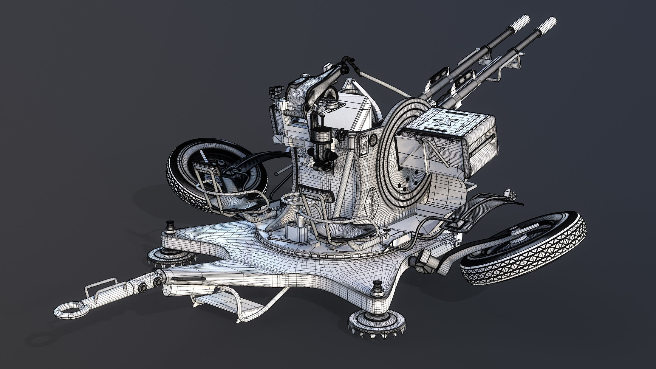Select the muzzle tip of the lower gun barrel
548,24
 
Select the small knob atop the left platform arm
171,225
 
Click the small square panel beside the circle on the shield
364,144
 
